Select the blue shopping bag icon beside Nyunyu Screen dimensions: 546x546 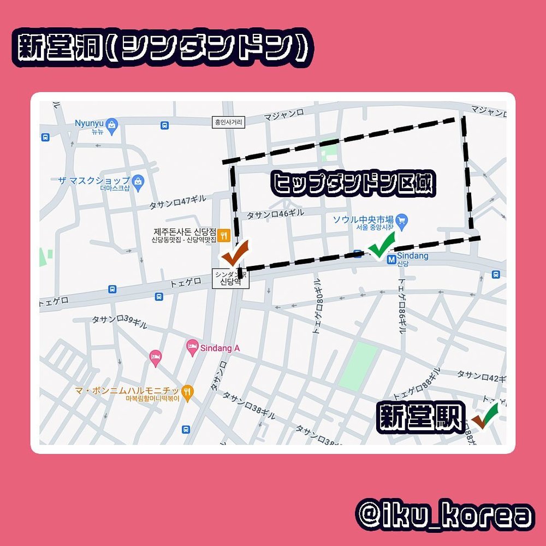pyautogui.click(x=112, y=124)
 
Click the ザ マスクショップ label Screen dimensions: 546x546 pyautogui.click(x=96, y=180)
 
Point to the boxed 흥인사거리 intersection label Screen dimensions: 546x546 pyautogui.click(x=228, y=123)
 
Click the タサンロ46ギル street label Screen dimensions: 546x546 pyautogui.click(x=275, y=215)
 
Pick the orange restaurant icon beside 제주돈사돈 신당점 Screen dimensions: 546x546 pyautogui.click(x=223, y=236)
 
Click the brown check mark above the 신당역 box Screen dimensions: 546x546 pyautogui.click(x=235, y=254)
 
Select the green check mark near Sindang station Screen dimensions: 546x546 pyautogui.click(x=382, y=245)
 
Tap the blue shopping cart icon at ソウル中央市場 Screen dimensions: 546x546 pyautogui.click(x=402, y=221)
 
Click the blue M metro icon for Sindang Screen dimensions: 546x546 pyautogui.click(x=391, y=260)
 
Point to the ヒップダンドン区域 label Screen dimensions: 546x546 pyautogui.click(x=354, y=185)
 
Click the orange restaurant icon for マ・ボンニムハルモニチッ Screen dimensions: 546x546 pyautogui.click(x=188, y=391)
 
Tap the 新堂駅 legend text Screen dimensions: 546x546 pyautogui.click(x=420, y=419)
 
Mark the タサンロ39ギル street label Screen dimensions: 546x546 pyautogui.click(x=119, y=322)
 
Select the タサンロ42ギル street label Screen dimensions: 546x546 pyautogui.click(x=481, y=376)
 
